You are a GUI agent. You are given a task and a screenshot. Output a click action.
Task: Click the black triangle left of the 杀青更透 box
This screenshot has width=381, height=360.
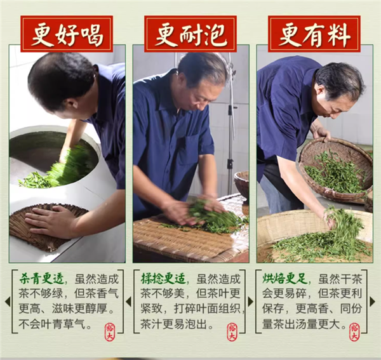7,301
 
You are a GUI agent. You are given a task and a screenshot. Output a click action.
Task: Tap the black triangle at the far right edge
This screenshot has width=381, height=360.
375,301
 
